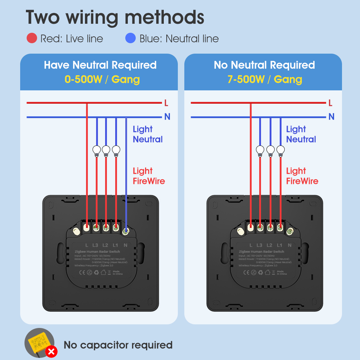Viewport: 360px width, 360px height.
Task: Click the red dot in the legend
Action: (x=32, y=38)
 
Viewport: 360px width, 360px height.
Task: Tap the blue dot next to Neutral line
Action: (x=130, y=38)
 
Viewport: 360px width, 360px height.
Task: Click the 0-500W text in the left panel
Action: (x=84, y=79)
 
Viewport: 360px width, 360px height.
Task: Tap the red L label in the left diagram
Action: (x=166, y=103)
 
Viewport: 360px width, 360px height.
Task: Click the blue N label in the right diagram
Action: (x=331, y=117)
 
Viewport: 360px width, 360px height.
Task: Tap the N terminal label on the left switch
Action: (x=126, y=245)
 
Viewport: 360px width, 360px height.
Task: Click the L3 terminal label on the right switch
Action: (x=260, y=245)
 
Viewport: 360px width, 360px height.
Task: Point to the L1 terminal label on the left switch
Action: (x=116, y=245)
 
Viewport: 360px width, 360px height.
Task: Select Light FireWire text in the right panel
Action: (x=302, y=176)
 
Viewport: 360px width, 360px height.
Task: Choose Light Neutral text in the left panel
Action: (x=148, y=134)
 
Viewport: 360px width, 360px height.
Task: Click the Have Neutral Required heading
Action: (x=100, y=65)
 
